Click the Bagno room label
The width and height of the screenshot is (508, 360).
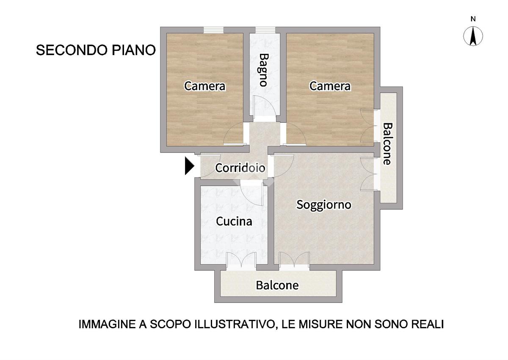(x=263, y=70)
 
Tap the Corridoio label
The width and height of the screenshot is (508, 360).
(x=240, y=168)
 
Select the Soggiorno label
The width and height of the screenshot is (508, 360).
(x=324, y=205)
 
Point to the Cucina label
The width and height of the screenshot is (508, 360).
(x=234, y=221)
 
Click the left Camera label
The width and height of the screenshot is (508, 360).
(x=204, y=86)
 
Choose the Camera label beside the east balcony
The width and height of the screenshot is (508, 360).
(x=330, y=86)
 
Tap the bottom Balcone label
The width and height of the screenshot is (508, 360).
(x=277, y=285)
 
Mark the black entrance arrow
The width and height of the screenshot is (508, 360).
(x=190, y=166)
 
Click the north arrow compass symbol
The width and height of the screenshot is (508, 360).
(x=473, y=36)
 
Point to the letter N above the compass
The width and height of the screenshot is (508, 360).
(x=473, y=19)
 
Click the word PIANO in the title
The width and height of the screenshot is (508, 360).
(x=134, y=50)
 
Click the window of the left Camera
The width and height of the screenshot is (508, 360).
(x=213, y=30)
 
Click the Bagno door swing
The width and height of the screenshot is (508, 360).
(x=265, y=106)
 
